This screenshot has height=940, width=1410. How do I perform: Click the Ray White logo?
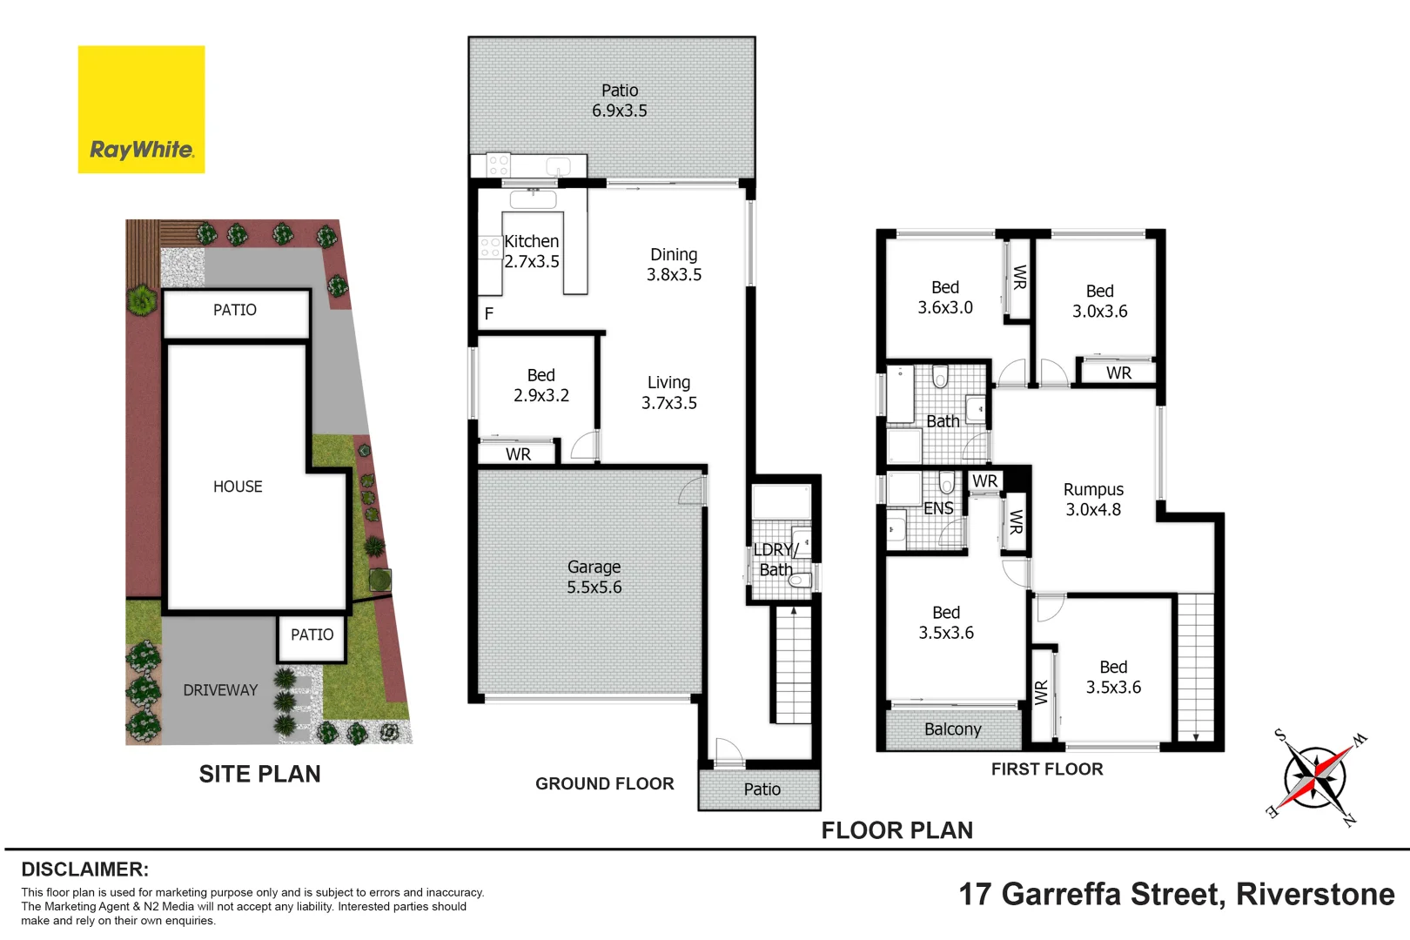point(141,110)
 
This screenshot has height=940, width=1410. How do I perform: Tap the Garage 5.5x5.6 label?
point(594,577)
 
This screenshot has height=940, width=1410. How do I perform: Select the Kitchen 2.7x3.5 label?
point(531,252)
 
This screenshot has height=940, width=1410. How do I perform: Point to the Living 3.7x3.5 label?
point(668,393)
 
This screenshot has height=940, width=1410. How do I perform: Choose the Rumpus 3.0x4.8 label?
point(1093,500)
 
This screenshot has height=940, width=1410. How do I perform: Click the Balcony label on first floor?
point(952,729)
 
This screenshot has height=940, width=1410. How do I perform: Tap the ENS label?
point(938,508)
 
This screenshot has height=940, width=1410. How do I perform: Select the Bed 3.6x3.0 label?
point(945,297)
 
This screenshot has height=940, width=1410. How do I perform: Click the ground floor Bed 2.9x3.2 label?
point(540,385)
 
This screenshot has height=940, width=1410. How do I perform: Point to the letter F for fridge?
point(489,313)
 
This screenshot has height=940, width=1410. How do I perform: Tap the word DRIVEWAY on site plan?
point(220,690)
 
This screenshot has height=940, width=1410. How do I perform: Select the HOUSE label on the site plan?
point(238,487)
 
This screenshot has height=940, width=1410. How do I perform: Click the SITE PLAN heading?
point(259,774)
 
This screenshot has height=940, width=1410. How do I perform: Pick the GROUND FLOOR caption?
point(604,783)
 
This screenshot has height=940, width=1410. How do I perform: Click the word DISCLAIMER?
point(84,869)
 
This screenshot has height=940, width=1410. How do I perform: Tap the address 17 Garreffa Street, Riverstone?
point(1176,894)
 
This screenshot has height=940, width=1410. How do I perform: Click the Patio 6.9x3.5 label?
point(619,100)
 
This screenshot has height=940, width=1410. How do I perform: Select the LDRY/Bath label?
point(775,560)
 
